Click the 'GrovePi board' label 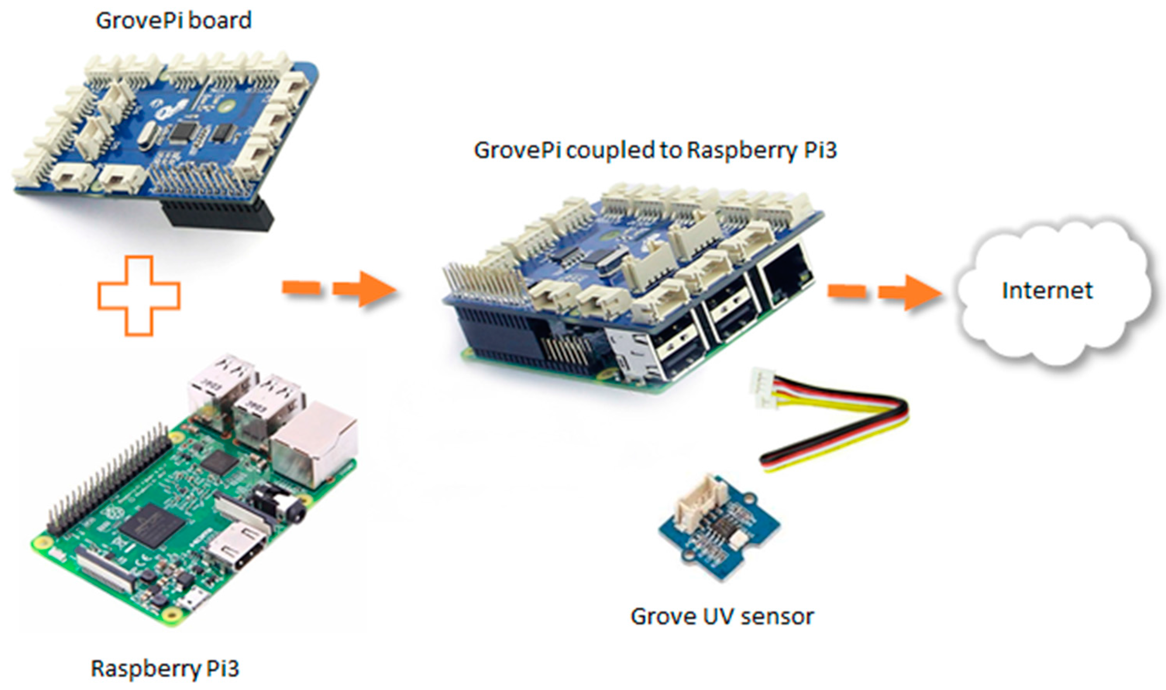(174, 21)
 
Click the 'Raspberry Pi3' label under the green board (165, 668)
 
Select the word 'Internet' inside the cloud (1047, 291)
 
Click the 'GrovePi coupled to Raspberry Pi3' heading (655, 150)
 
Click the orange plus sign (139, 295)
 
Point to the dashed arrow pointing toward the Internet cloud (884, 292)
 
